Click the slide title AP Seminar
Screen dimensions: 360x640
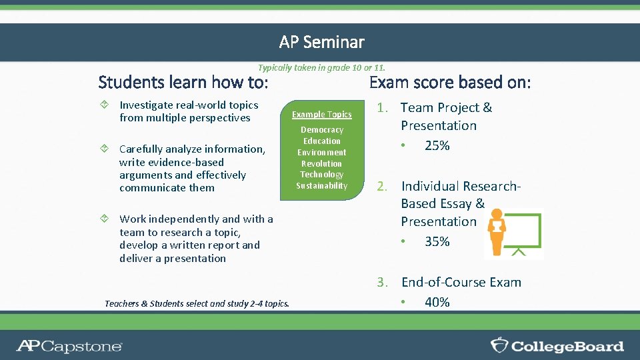[x=321, y=42]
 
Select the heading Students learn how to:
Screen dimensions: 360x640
[x=183, y=83]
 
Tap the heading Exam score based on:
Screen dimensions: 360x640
[x=450, y=83]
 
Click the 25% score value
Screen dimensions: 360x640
[x=437, y=145]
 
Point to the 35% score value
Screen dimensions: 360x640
[x=437, y=241]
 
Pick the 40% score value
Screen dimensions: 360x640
[x=437, y=302]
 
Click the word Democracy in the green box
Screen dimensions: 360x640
[x=322, y=130]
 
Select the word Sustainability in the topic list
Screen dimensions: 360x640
[x=322, y=186]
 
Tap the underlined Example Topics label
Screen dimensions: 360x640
[x=322, y=115]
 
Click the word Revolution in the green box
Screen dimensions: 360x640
[x=322, y=163]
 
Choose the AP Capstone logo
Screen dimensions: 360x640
[x=69, y=346]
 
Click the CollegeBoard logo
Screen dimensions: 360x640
[x=557, y=346]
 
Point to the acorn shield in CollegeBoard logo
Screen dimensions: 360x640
[x=499, y=345]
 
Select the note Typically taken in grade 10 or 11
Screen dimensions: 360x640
[x=321, y=67]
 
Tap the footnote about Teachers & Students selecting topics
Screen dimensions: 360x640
[x=197, y=303]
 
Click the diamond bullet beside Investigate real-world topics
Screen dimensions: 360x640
[x=104, y=105]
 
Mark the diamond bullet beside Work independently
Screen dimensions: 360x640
[x=104, y=219]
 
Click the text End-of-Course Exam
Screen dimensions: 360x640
[x=461, y=283]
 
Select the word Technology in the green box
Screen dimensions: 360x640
[x=322, y=175]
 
